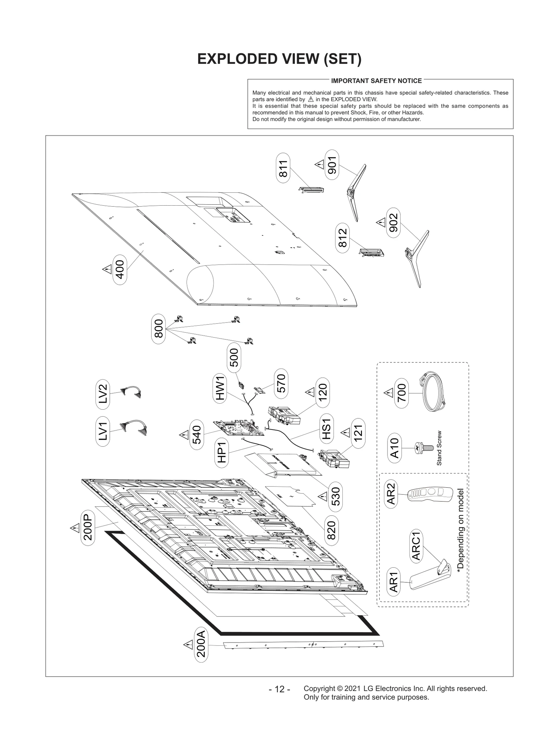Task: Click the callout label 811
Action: pos(283,168)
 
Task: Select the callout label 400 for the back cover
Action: pos(120,269)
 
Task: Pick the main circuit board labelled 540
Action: pos(238,428)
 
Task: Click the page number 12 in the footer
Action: pos(279,689)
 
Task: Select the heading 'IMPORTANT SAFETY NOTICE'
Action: pos(376,81)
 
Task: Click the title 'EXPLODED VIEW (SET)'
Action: pos(279,59)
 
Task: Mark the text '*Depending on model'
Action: pos(460,530)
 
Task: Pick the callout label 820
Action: pos(331,530)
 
